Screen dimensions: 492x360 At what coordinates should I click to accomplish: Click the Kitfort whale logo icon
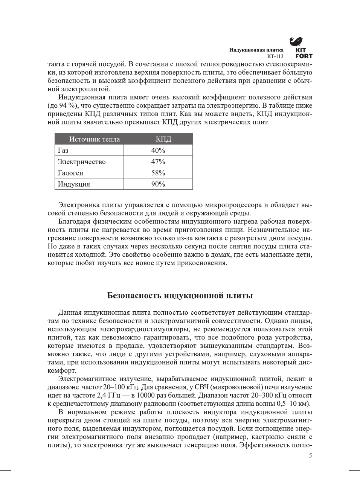click(x=296, y=41)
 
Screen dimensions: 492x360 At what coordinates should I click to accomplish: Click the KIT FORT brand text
click(x=304, y=53)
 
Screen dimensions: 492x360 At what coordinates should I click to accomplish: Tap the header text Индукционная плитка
click(x=256, y=50)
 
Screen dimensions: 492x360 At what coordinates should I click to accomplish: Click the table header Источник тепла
click(x=94, y=139)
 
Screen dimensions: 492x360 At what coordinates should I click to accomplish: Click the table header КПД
click(x=163, y=139)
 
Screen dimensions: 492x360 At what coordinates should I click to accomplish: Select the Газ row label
click(x=63, y=151)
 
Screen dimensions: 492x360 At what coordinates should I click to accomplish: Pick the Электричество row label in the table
click(x=82, y=162)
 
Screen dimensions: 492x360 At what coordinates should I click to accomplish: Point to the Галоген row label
click(x=70, y=173)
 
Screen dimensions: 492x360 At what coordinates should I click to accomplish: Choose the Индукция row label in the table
click(x=74, y=184)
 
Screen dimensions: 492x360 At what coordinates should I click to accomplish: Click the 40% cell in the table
click(x=158, y=151)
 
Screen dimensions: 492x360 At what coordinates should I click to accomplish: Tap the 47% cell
click(x=158, y=162)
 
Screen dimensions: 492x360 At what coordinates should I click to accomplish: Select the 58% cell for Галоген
click(x=158, y=173)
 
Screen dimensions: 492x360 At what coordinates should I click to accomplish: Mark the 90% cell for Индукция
click(x=158, y=184)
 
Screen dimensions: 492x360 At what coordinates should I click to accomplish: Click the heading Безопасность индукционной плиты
click(x=180, y=296)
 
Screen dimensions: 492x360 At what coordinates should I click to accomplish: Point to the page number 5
click(x=310, y=455)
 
